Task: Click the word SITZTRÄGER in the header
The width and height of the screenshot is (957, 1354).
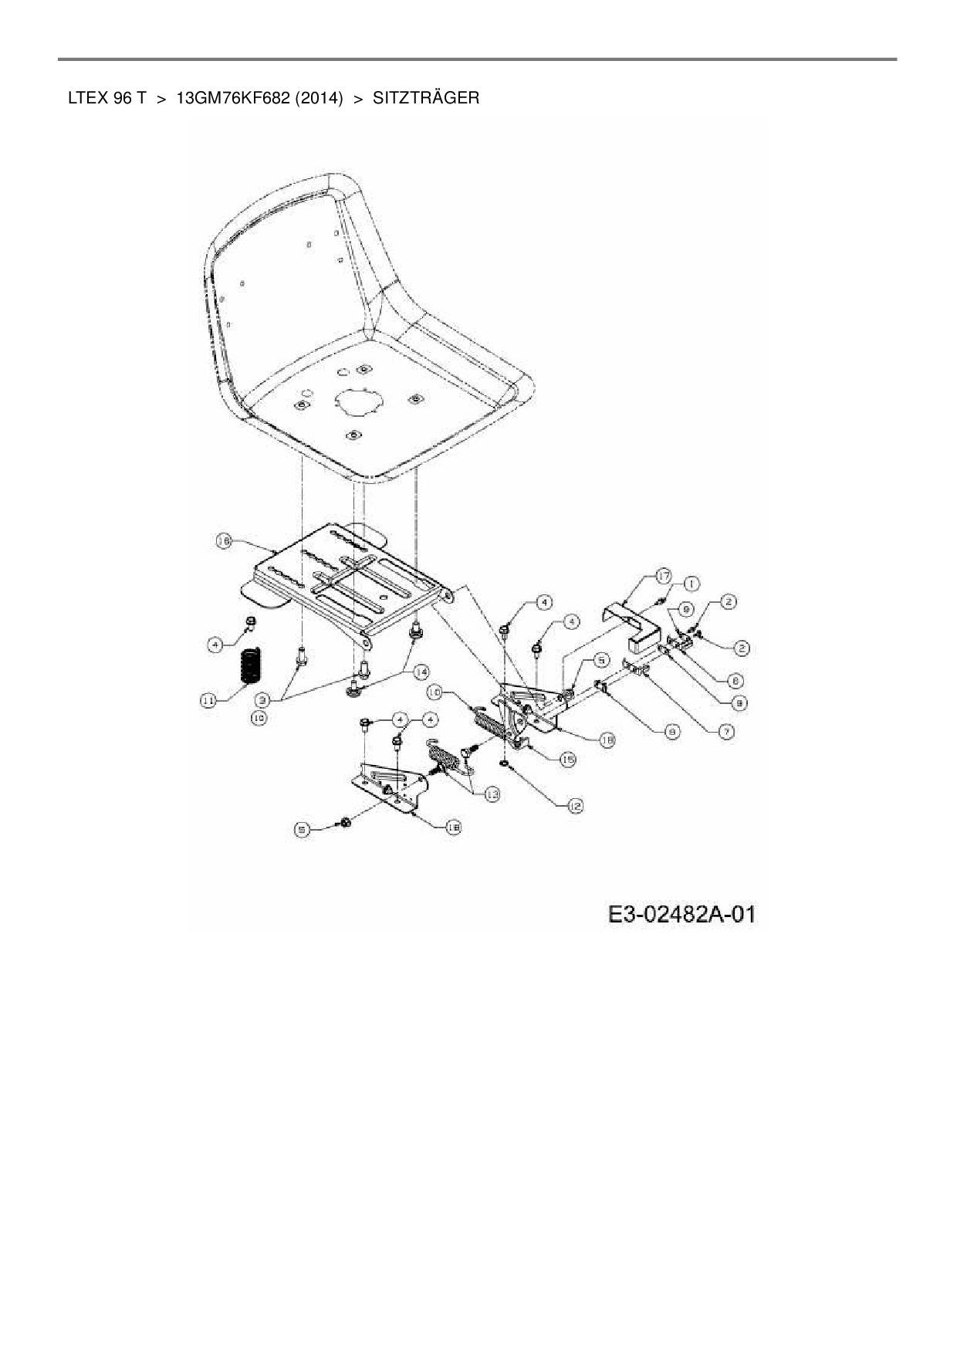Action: click(425, 98)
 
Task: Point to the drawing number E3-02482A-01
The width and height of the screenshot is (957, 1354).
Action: click(681, 915)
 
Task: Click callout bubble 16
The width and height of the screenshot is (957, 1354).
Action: click(224, 542)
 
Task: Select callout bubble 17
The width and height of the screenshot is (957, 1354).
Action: click(664, 575)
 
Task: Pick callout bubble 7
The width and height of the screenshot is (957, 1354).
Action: click(726, 730)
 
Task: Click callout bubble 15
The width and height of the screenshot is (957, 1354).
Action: click(567, 760)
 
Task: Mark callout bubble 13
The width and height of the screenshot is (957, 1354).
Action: click(491, 794)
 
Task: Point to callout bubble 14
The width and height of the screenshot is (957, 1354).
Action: click(421, 672)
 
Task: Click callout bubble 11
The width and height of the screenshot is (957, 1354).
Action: click(208, 700)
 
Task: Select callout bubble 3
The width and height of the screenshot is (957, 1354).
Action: click(263, 700)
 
